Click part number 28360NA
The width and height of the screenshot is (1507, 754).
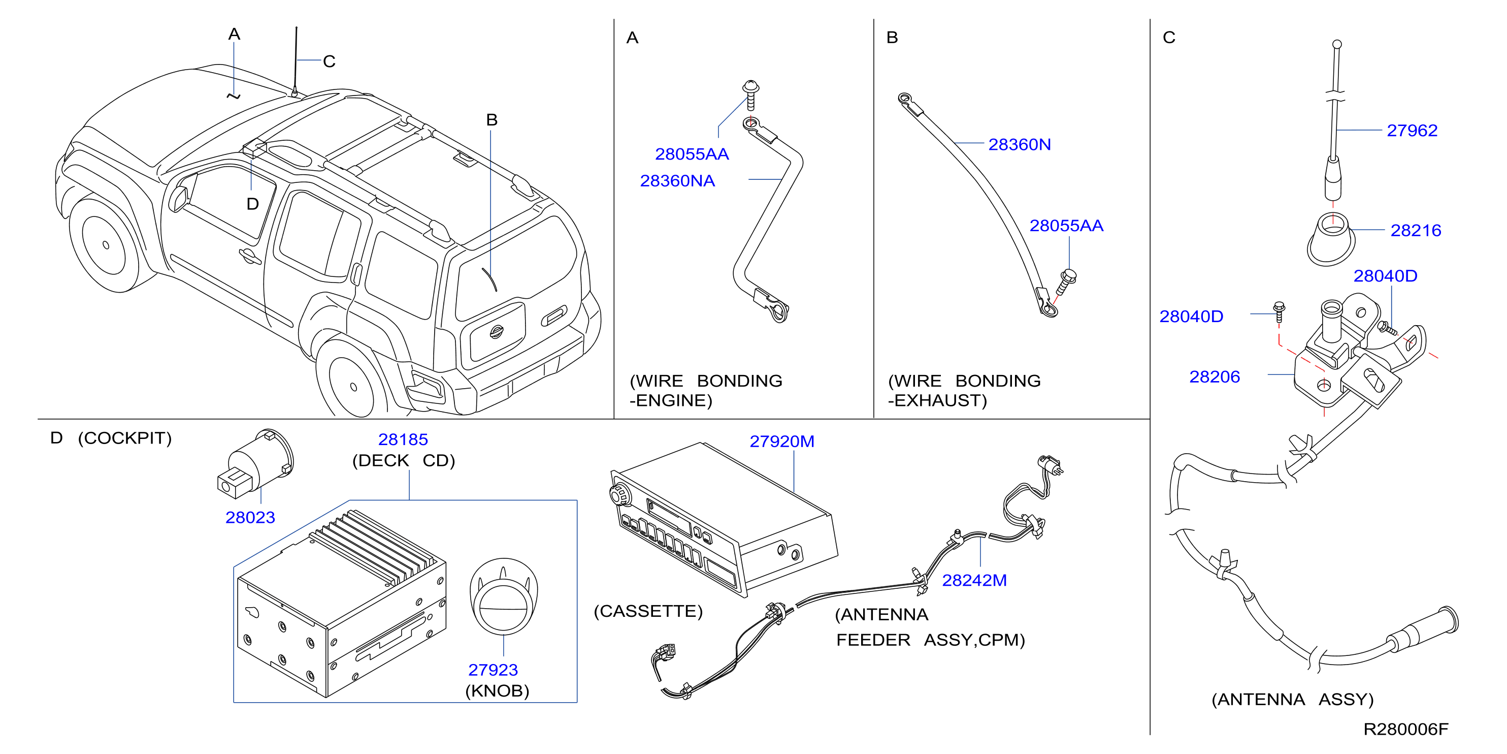coord(677,181)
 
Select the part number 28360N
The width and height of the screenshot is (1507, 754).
coord(1019,145)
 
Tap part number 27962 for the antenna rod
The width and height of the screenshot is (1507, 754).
coord(1412,131)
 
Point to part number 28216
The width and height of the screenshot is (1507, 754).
coord(1416,231)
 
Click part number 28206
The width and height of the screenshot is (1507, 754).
coord(1215,377)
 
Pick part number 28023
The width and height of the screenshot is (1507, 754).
coord(250,518)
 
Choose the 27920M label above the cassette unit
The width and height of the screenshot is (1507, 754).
coord(782,442)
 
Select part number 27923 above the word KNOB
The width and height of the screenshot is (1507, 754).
coord(493,670)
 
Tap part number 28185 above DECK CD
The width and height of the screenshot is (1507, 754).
coord(403,439)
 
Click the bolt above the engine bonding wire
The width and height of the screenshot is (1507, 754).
coord(750,95)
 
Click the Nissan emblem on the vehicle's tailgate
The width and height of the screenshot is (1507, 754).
coord(496,331)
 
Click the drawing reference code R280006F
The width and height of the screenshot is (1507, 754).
coord(1406,730)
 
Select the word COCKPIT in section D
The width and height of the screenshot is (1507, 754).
coord(124,438)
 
